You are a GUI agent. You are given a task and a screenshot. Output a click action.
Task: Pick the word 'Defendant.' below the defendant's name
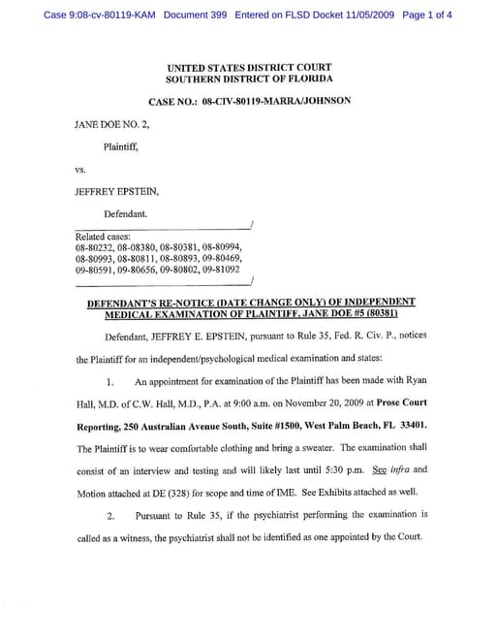tap(126, 212)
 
